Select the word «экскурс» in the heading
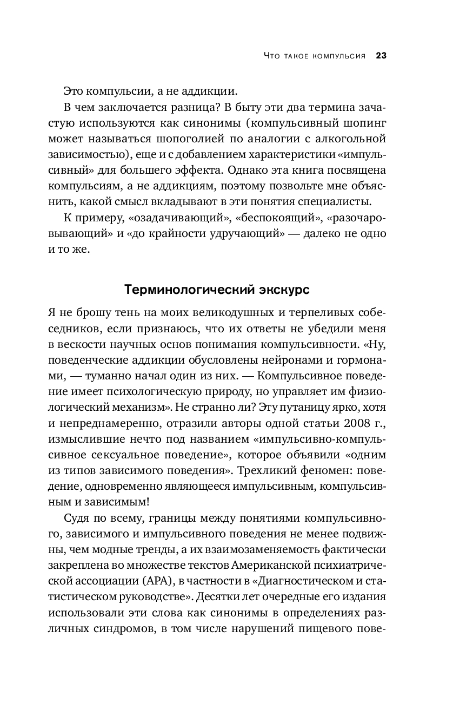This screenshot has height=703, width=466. pyautogui.click(x=285, y=290)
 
